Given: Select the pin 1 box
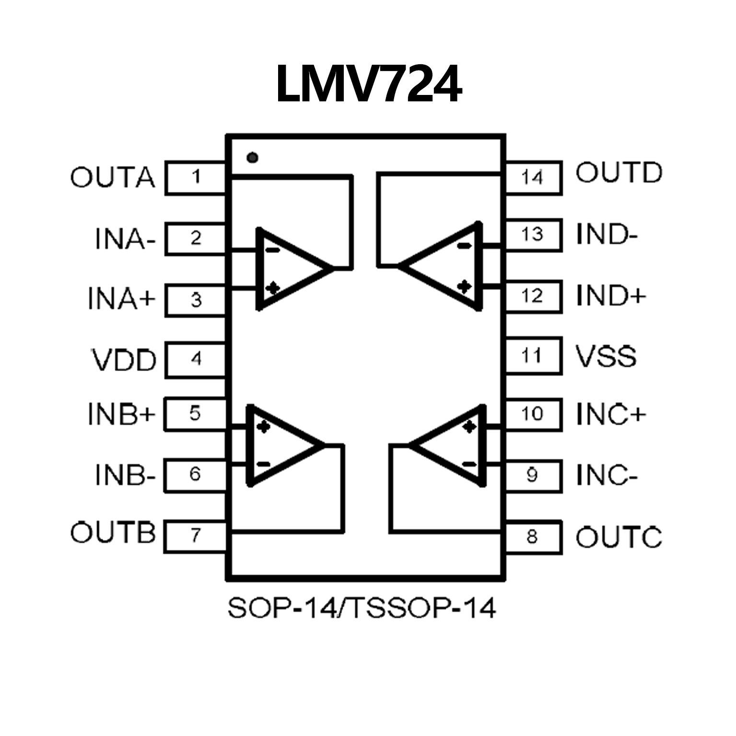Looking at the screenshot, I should coord(195,177).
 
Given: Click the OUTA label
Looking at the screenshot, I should coord(113,177).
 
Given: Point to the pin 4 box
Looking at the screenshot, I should coord(195,359).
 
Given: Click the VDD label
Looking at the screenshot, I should coord(124,360).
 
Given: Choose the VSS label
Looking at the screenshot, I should coord(606,356).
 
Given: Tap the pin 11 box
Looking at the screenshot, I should coord(532,356).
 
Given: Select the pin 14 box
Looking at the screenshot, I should coord(532,177).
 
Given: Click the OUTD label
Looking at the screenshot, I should coord(619,173).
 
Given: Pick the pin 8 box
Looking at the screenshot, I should coord(532,537).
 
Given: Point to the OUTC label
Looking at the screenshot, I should coord(619,537).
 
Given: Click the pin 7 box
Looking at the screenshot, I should coord(195,536).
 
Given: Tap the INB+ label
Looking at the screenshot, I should coord(122,414).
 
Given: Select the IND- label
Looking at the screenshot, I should coord(607,234).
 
